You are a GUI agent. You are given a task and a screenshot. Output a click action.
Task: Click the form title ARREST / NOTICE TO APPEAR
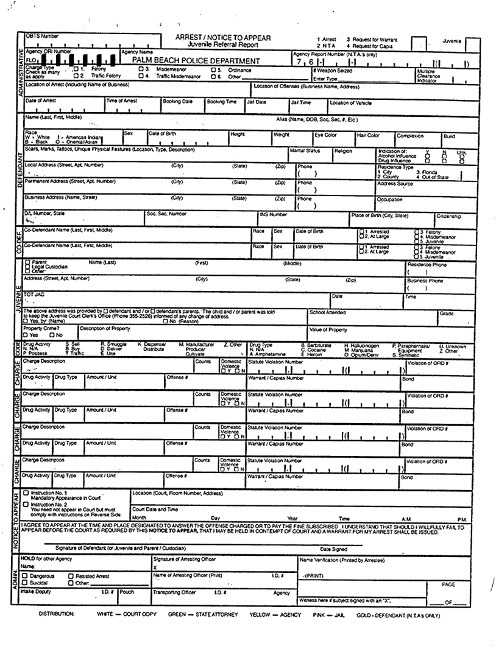tap(222, 38)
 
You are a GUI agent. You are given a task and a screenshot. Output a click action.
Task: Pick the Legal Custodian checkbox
tap(27, 267)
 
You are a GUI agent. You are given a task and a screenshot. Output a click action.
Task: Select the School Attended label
tap(327, 312)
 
